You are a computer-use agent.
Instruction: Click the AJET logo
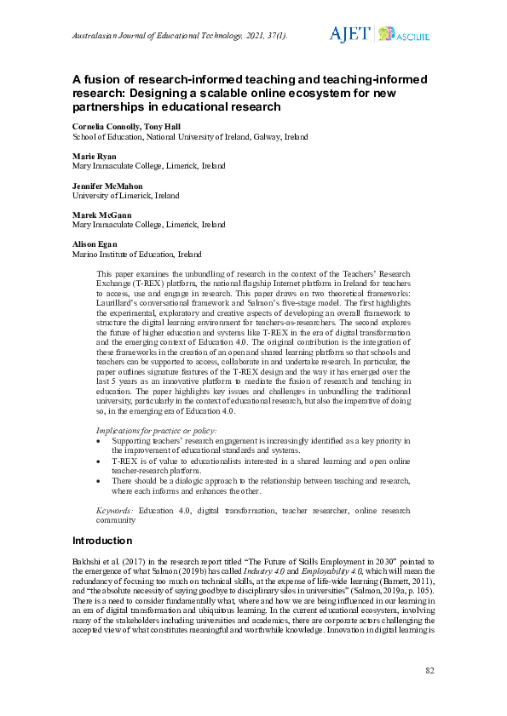[349, 34]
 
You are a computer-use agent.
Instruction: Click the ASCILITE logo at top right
[404, 35]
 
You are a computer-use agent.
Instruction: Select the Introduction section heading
[102, 541]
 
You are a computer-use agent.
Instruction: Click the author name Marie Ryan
[94, 157]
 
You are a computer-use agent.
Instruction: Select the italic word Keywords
[115, 510]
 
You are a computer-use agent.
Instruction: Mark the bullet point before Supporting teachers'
[103, 441]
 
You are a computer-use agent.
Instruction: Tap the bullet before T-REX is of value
[103, 461]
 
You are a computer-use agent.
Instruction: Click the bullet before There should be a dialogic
[103, 480]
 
